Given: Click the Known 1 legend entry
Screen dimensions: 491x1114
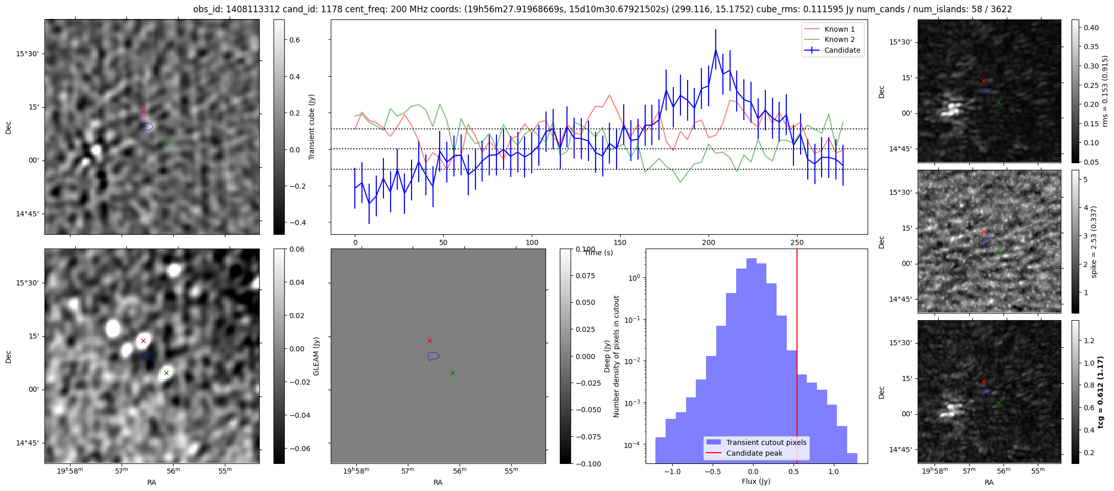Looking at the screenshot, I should pyautogui.click(x=839, y=29).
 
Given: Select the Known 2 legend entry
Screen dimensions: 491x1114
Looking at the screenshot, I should pyautogui.click(x=839, y=39).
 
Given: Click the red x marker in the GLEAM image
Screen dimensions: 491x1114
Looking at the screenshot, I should pyautogui.click(x=143, y=341).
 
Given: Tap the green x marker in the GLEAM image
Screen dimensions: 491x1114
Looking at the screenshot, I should pyautogui.click(x=166, y=373).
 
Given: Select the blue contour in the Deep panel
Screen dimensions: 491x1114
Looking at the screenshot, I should pyautogui.click(x=434, y=356).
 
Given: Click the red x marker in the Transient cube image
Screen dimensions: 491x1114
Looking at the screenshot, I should pyautogui.click(x=143, y=111).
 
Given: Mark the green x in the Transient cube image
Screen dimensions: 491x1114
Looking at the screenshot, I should pyautogui.click(x=166, y=144).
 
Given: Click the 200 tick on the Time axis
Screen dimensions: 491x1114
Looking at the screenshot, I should pyautogui.click(x=708, y=242).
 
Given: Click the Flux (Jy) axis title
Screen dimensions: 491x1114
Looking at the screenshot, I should pyautogui.click(x=756, y=481).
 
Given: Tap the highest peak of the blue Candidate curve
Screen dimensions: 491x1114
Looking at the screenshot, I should pyautogui.click(x=715, y=50).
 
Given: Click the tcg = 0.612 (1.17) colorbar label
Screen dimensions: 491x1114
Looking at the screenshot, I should pyautogui.click(x=1100, y=392).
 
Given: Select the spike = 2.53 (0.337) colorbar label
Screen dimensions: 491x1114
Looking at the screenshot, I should pyautogui.click(x=1094, y=241).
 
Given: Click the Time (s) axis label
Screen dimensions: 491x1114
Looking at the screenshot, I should pyautogui.click(x=599, y=253).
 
